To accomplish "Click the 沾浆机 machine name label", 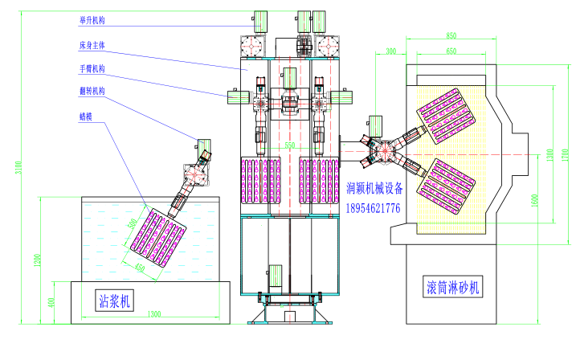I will coord(116,301).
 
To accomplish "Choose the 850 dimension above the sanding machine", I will coord(451,35).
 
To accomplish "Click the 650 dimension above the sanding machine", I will coord(452,51).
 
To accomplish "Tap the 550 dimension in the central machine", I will coord(290,146).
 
